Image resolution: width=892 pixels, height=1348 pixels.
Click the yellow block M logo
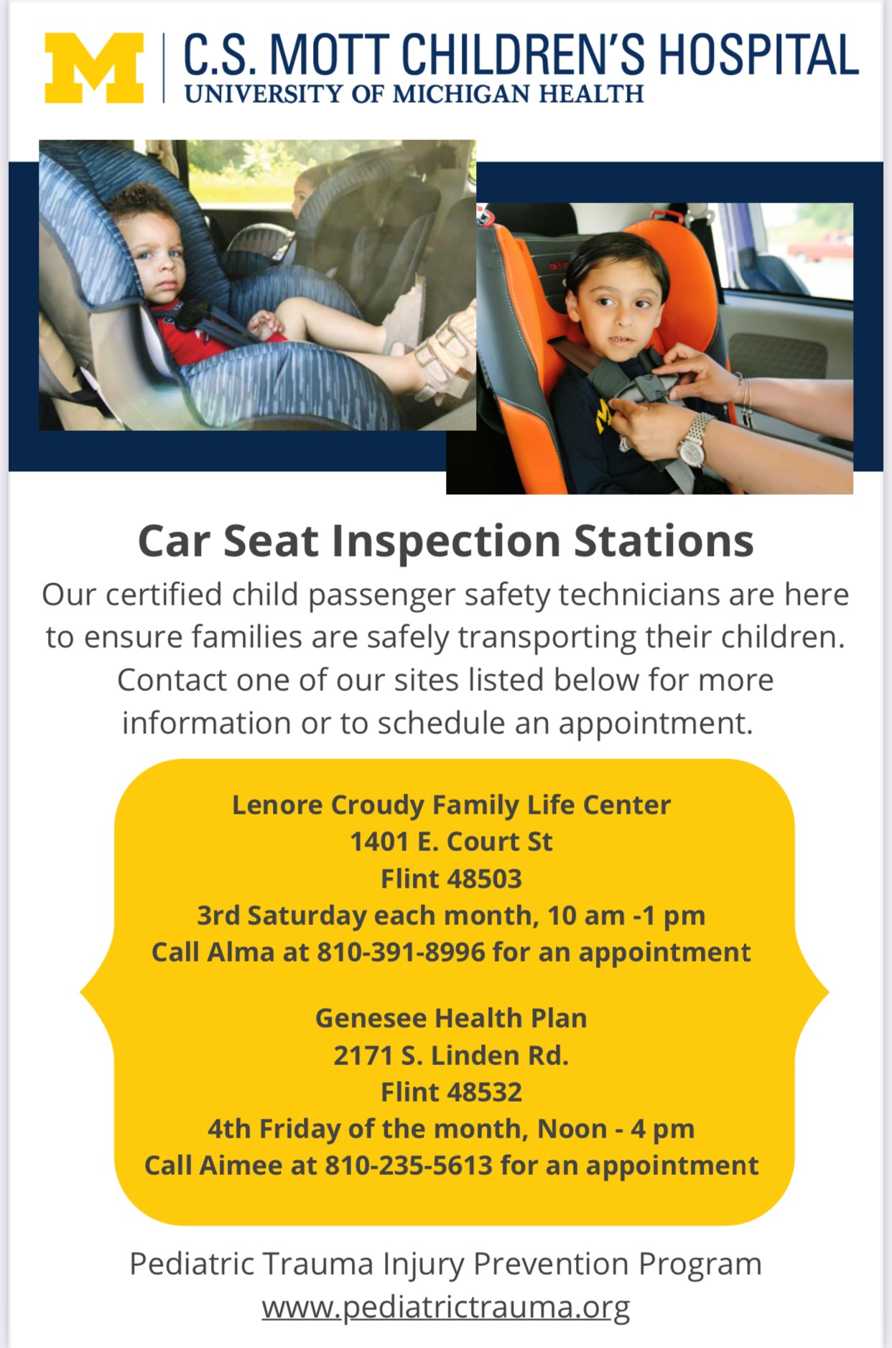coord(94,68)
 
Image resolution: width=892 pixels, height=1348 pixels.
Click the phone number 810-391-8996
coord(401,952)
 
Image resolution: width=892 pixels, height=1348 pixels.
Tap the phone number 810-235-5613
coord(409,1165)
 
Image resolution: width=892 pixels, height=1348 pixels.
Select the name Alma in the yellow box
coord(241,952)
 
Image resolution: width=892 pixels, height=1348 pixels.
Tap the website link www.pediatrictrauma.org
coord(446,1307)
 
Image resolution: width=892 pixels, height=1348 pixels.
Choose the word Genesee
coord(371,1018)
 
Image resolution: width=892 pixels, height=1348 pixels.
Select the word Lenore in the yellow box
coord(277,805)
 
